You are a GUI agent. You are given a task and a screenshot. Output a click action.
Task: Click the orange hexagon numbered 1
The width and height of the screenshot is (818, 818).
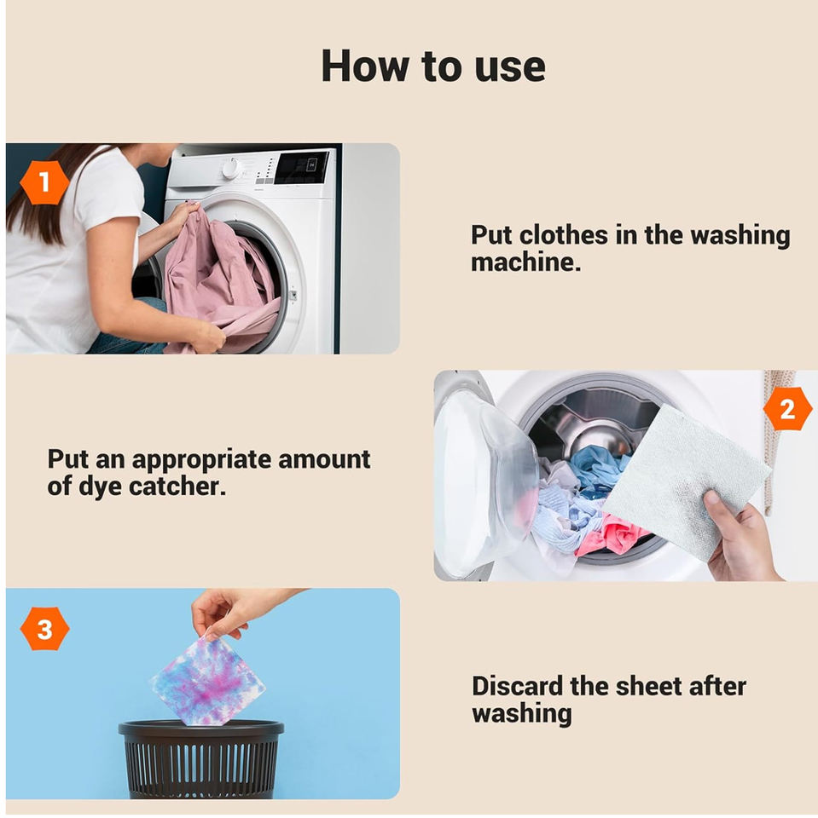pos(44,182)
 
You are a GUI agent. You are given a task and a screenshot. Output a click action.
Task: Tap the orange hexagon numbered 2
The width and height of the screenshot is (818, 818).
pos(787,409)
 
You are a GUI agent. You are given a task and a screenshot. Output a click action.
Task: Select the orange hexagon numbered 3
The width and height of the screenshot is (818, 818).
pos(45,629)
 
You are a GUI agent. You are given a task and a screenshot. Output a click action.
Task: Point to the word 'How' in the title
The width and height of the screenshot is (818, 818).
pos(365,66)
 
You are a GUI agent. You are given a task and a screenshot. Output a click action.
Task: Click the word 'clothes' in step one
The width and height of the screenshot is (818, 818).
pos(564,235)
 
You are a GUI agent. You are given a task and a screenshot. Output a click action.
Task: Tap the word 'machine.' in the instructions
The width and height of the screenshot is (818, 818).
pos(525,262)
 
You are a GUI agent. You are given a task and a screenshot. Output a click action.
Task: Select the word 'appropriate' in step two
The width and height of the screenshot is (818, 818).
pos(201,461)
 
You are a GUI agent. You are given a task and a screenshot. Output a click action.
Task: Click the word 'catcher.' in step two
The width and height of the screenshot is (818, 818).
pos(177,487)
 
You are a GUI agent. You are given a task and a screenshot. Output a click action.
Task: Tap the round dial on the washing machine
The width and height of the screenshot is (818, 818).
pos(229,168)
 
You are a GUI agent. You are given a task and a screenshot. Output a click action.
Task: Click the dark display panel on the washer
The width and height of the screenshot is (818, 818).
pos(302,168)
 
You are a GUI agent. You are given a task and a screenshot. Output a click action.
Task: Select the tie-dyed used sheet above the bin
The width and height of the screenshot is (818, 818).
pos(208,681)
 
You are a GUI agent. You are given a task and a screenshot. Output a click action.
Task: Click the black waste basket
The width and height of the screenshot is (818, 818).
pos(201,759)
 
